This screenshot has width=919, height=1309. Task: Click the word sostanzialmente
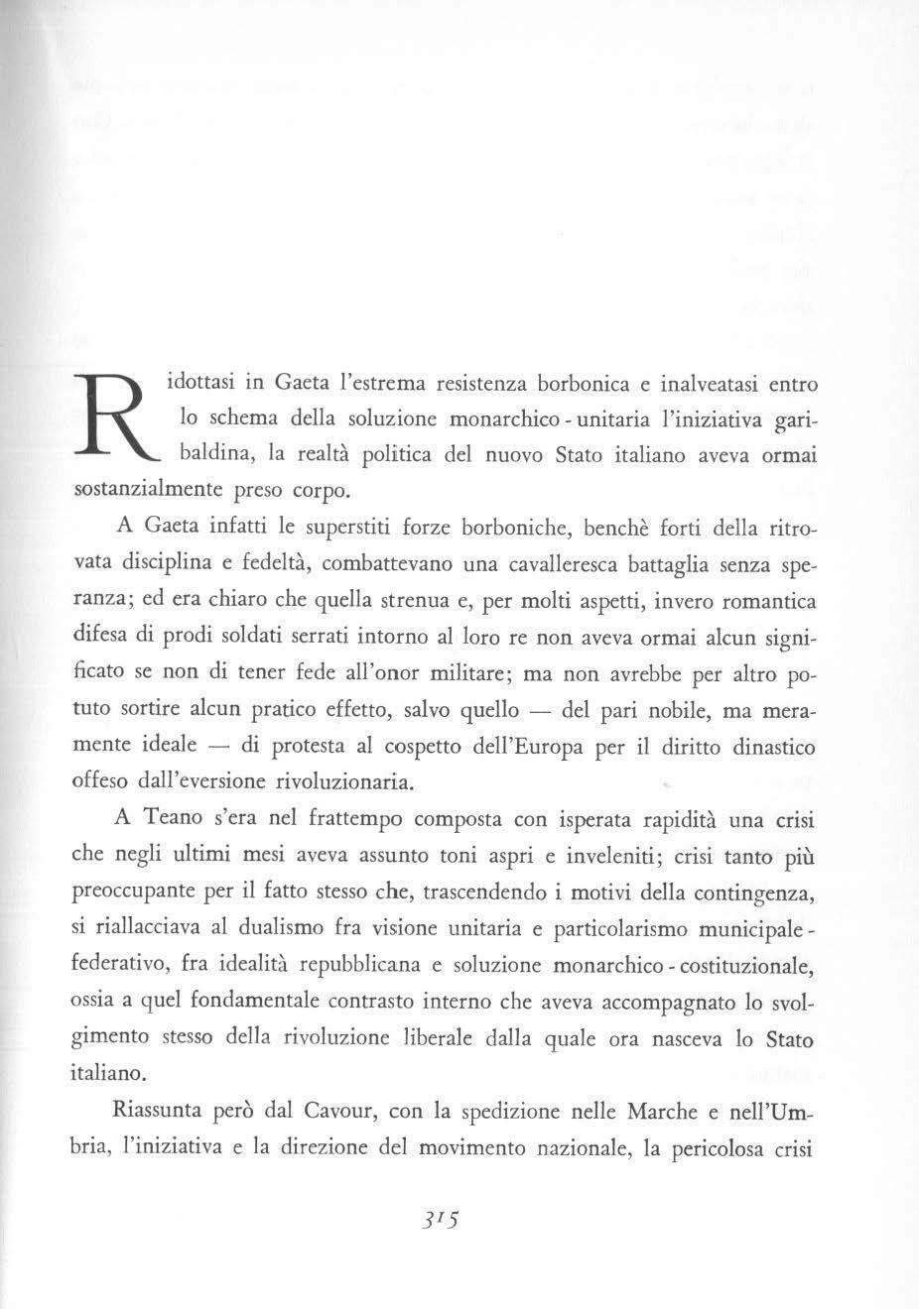(151, 491)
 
